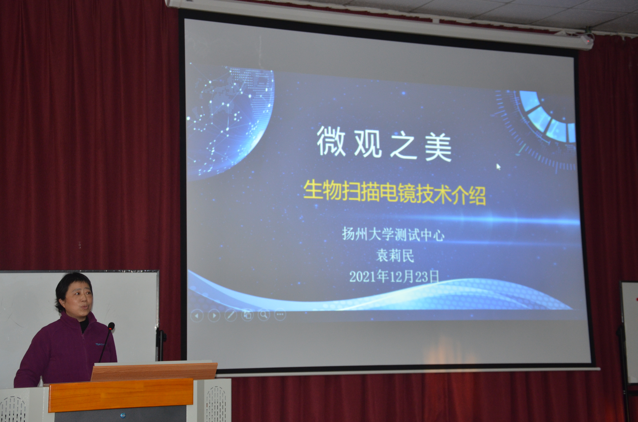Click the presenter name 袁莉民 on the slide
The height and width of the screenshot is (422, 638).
point(395,255)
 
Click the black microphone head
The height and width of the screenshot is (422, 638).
point(111,326)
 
